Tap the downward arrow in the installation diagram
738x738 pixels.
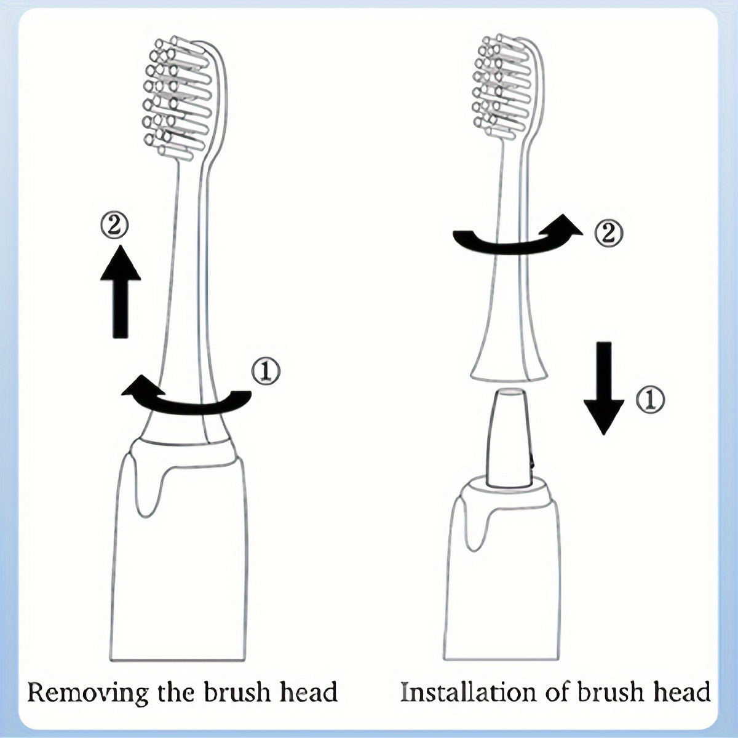tap(604, 387)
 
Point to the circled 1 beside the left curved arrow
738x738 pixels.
tap(266, 371)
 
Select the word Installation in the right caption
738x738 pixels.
tap(468, 692)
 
